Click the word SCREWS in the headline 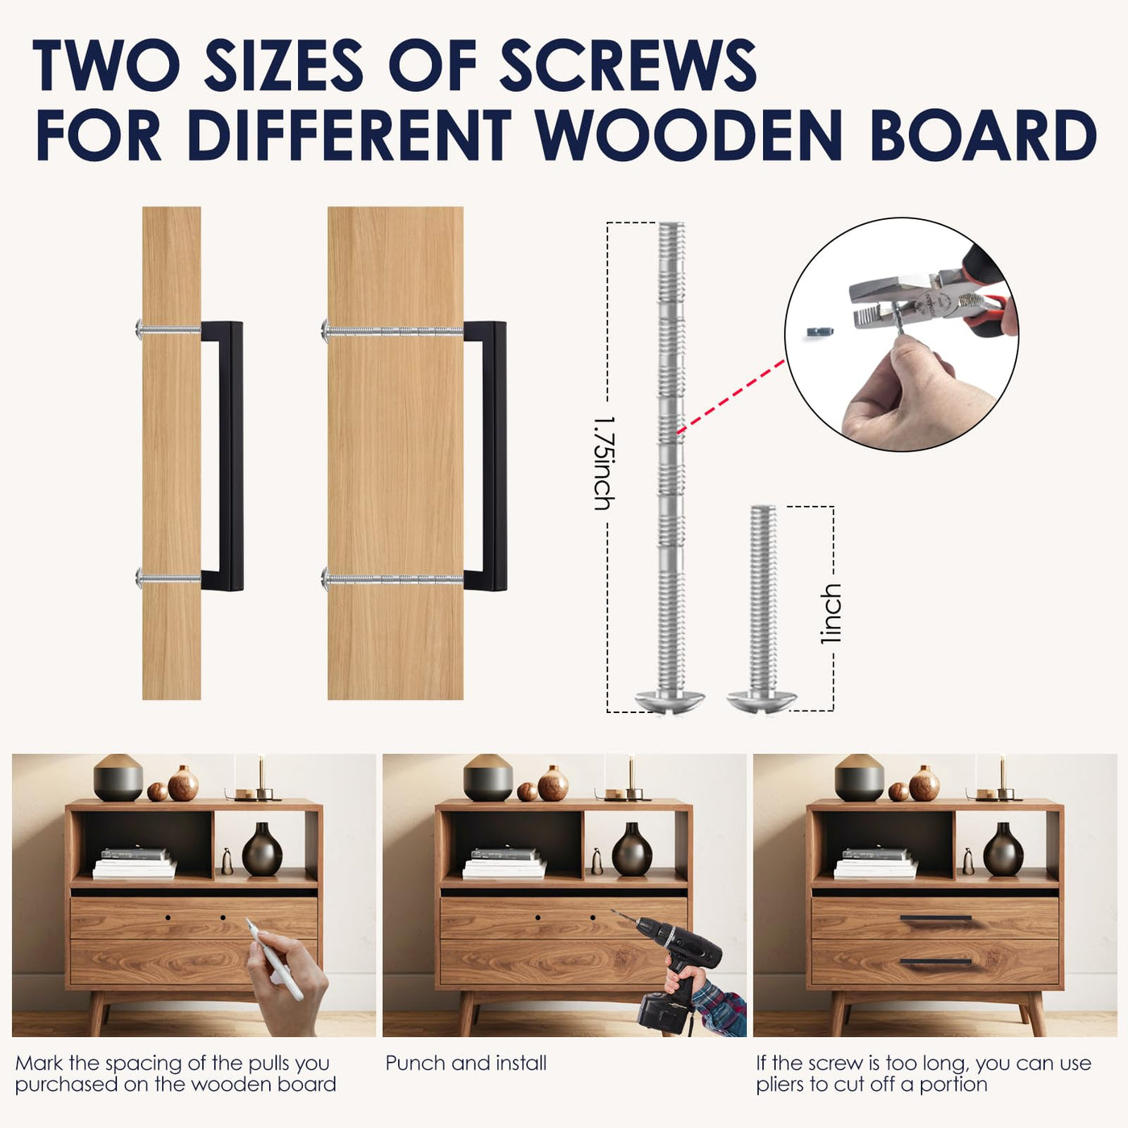coord(628,65)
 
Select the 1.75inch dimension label coord(604,463)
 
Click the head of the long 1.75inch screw coord(670,701)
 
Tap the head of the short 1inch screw coord(761,701)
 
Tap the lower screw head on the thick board coord(326,579)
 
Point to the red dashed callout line coord(730,397)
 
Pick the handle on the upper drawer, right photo coord(935,918)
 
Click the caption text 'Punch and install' coord(466,1064)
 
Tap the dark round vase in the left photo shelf coord(262,849)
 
